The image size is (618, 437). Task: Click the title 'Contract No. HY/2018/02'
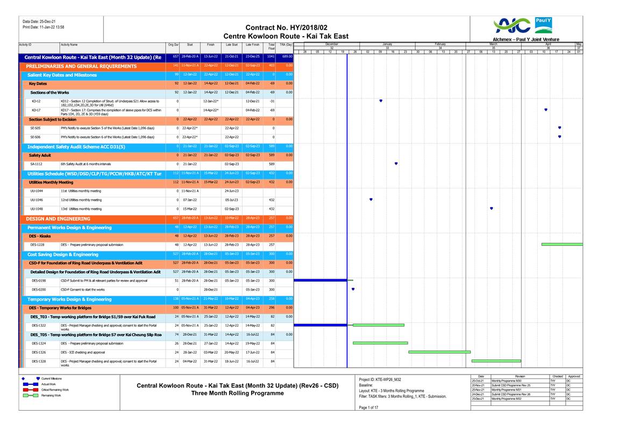click(286, 27)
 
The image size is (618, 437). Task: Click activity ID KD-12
click(37, 101)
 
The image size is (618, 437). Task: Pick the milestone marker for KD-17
click(546, 110)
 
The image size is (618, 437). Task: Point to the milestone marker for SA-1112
click(396, 164)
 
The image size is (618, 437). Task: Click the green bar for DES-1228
click(562, 244)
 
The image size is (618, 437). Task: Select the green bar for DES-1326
click(439, 352)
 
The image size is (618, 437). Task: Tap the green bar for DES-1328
click(496, 361)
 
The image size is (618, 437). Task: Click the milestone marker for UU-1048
click(492, 208)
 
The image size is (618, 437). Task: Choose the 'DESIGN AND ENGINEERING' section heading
click(58, 219)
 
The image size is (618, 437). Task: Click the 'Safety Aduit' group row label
click(40, 155)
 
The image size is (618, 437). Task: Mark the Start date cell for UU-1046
click(190, 200)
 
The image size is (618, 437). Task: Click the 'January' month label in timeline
click(387, 44)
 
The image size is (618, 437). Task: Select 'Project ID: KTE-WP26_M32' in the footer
click(380, 379)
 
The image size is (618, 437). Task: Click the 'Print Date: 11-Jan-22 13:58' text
click(44, 27)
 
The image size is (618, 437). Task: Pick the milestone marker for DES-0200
click(353, 289)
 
